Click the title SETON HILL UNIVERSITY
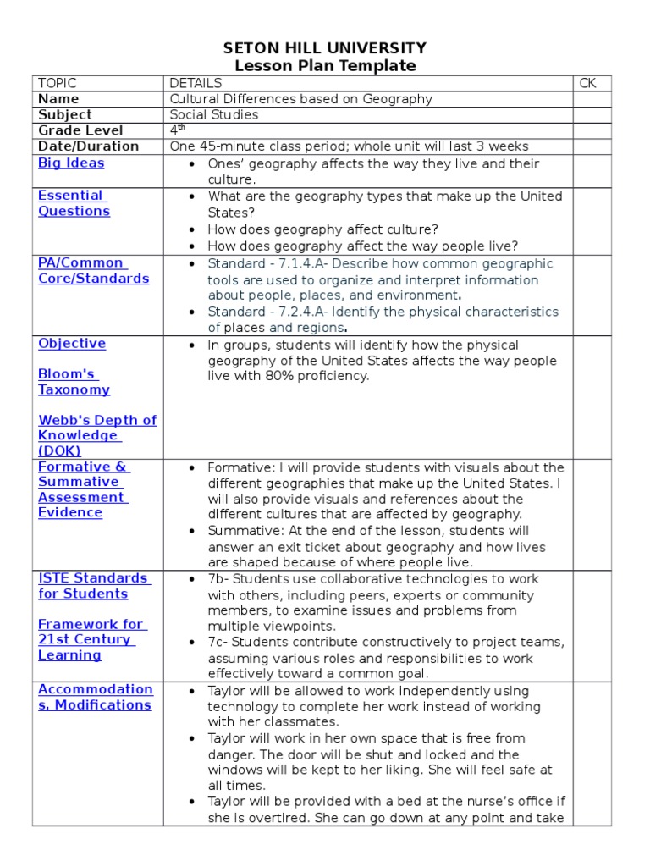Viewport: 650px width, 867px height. (x=324, y=48)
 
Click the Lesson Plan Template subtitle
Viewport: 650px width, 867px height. (x=324, y=66)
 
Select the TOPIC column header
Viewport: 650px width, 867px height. (x=57, y=83)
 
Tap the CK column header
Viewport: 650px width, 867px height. (x=587, y=83)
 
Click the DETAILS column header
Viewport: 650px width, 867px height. (x=196, y=83)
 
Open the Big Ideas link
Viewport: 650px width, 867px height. (x=71, y=163)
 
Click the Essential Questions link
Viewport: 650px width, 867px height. (x=74, y=203)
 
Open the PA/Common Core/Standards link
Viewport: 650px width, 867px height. (x=93, y=271)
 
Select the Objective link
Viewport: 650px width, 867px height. (x=72, y=344)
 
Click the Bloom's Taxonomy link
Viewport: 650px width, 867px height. (x=74, y=382)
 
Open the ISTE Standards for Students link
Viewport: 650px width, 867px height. (x=94, y=586)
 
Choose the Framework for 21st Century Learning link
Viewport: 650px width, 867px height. (x=90, y=639)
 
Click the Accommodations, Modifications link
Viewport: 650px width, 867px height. (x=95, y=697)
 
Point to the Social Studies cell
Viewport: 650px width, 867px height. (x=214, y=115)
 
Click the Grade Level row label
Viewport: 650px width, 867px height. (x=80, y=130)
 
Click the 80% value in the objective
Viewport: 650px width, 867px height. (x=254, y=376)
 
